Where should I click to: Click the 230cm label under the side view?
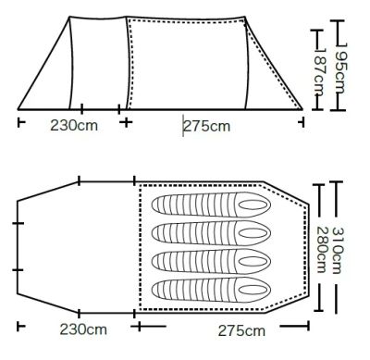(74, 126)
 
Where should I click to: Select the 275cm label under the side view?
(207, 126)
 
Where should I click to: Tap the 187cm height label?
(319, 73)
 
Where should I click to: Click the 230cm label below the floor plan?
(83, 329)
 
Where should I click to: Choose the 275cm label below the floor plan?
(241, 331)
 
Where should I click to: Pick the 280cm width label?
(322, 250)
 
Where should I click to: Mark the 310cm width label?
(337, 251)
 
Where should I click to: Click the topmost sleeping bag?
(211, 205)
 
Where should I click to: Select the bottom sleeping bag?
(211, 291)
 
